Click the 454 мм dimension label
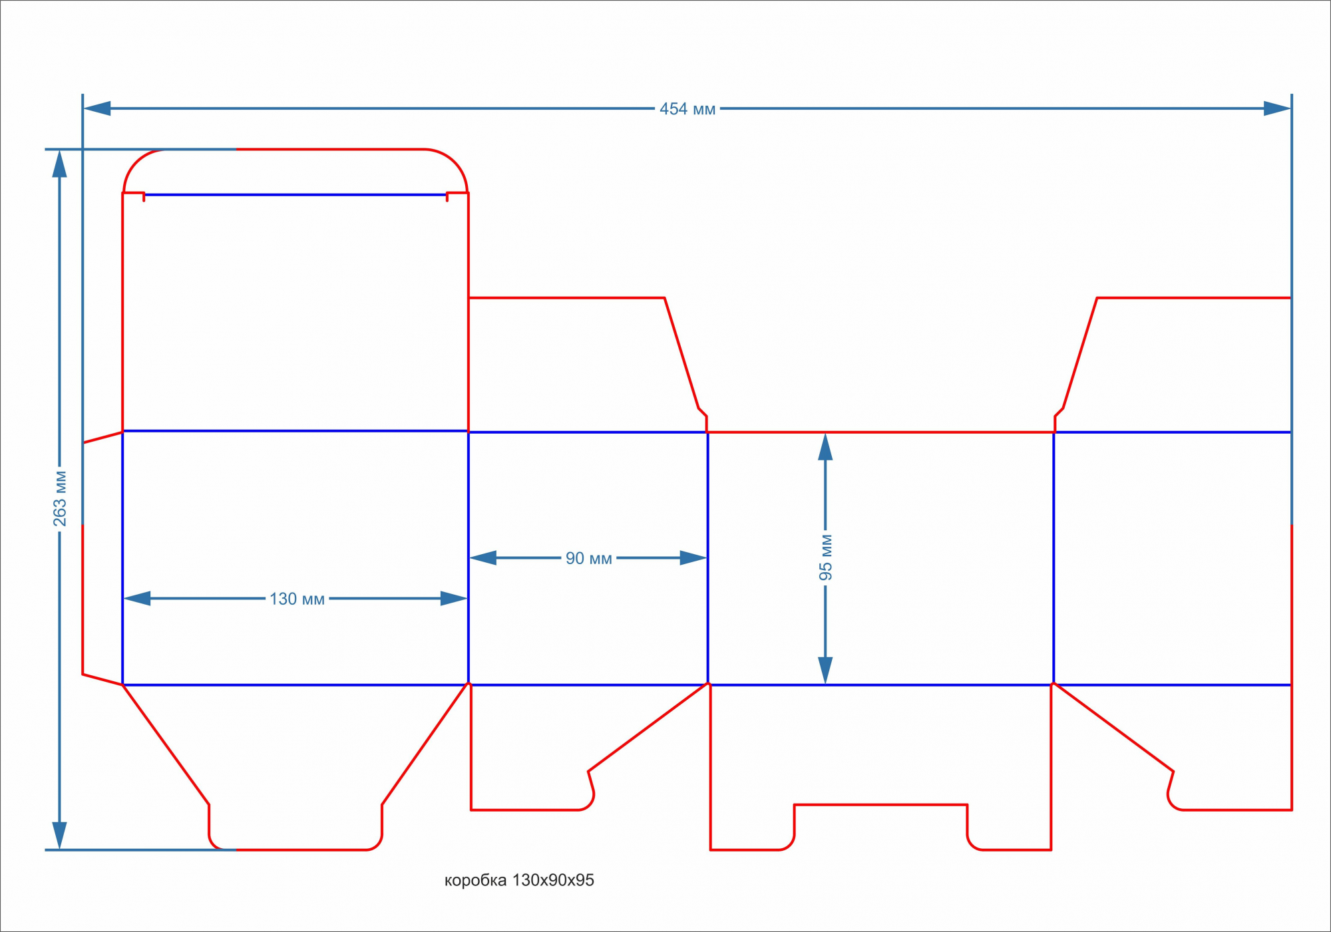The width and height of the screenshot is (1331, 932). pos(687,109)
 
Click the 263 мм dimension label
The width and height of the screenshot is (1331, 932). pos(60,498)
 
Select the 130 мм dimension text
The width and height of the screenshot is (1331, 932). pos(297,599)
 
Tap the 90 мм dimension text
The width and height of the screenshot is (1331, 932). pos(588,558)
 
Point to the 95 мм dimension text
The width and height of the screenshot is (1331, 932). pos(825,557)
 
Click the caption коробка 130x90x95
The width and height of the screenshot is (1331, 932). pos(519,880)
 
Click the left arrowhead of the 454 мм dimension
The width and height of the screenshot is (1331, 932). pos(97,108)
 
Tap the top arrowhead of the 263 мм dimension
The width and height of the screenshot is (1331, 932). pos(60,164)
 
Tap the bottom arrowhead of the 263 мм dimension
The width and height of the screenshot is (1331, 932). pos(60,836)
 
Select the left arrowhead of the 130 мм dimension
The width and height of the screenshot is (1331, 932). pos(137,599)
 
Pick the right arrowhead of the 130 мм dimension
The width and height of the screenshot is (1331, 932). pos(454,599)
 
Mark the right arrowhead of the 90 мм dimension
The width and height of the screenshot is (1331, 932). pos(693,558)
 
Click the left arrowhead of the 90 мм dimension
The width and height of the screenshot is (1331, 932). pos(483,558)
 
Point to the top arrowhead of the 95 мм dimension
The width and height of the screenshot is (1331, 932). pos(825,447)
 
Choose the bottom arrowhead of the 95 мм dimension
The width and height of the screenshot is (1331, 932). pos(825,670)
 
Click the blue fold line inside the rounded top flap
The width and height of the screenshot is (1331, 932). pos(295,195)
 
